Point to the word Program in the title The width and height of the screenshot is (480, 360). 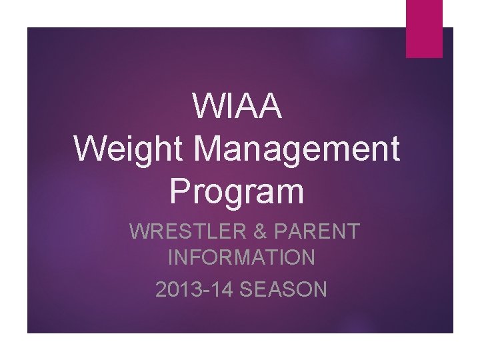pos(237,191)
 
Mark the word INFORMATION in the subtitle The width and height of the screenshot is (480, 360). pos(241,257)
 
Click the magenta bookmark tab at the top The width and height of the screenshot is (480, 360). pos(425,28)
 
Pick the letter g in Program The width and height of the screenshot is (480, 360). pos(243,195)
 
